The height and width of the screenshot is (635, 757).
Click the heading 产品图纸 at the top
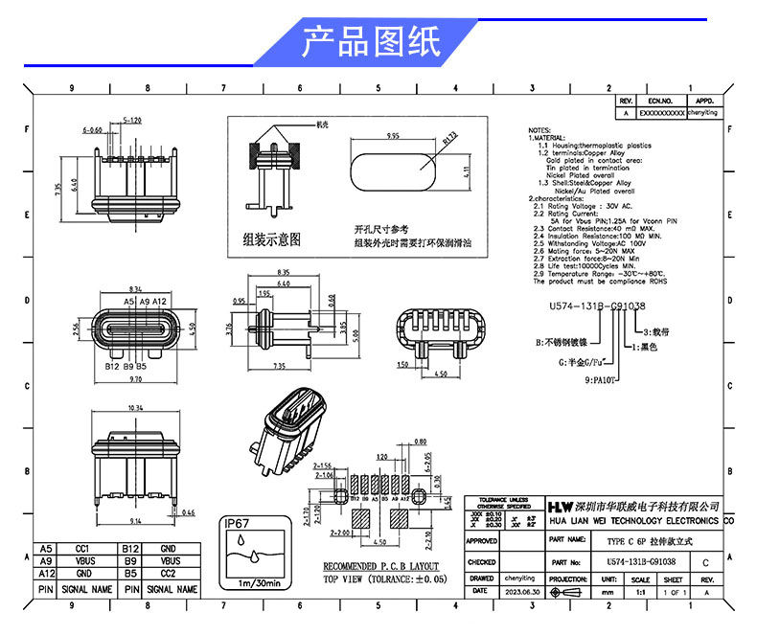click(x=371, y=42)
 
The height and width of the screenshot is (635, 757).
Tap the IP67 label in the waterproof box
click(x=240, y=525)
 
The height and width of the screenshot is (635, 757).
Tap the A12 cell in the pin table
click(x=45, y=573)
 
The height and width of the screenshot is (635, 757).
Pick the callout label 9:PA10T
click(x=600, y=379)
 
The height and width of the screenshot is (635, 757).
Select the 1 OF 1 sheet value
click(x=673, y=593)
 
